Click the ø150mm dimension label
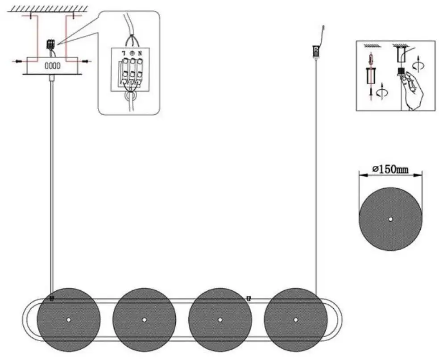click(390, 170)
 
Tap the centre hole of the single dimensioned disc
click(390, 219)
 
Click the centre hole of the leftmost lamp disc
click(69, 319)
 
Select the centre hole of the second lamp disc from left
click(144, 319)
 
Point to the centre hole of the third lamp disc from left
click(220, 319)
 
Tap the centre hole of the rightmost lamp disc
click(296, 319)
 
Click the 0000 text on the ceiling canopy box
click(52, 66)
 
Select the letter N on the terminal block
click(140, 53)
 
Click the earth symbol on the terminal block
click(132, 53)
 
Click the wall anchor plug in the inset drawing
click(371, 59)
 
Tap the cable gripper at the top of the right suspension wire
click(315, 52)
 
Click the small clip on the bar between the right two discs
click(248, 298)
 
